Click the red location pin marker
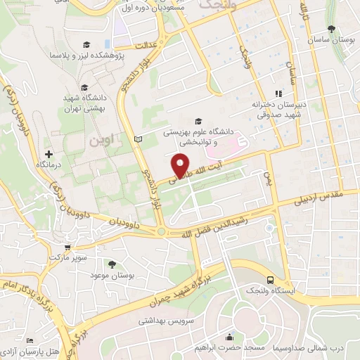(x=181, y=166)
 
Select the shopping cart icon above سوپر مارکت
(x=67, y=247)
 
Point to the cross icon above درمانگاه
(x=49, y=154)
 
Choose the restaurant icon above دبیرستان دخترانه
(x=278, y=94)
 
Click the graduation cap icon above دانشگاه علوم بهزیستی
(x=197, y=120)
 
